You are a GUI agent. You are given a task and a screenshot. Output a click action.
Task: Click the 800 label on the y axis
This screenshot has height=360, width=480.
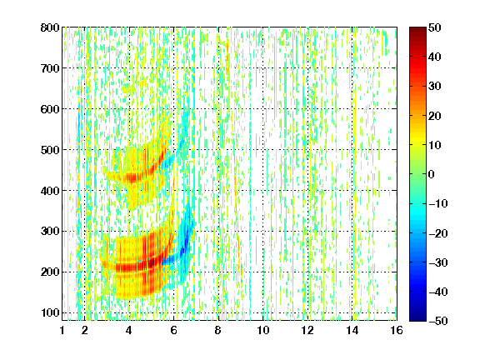(50, 27)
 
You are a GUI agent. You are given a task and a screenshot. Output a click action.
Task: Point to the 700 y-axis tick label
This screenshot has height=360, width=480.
(50, 68)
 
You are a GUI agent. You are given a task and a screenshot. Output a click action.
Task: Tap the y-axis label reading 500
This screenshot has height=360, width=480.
(50, 150)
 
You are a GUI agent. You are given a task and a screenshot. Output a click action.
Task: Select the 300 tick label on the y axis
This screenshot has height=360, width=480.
(50, 231)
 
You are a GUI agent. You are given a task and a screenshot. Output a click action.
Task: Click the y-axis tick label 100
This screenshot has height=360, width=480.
(50, 312)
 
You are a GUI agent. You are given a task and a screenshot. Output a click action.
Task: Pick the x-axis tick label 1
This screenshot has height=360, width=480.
(62, 330)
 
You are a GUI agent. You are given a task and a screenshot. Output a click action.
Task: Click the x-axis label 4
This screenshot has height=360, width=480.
(129, 330)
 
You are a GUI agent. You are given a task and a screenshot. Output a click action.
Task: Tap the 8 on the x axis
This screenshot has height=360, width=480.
(218, 330)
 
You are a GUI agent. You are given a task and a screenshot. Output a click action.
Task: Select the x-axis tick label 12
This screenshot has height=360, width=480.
(307, 330)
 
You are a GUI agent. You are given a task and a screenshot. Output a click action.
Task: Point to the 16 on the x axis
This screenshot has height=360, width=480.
(397, 330)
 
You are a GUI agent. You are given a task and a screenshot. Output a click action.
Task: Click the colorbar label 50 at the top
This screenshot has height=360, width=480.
(435, 27)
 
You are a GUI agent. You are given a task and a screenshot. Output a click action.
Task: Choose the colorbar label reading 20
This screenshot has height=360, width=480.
(435, 116)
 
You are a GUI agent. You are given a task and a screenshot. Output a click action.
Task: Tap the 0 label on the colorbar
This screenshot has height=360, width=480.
(432, 174)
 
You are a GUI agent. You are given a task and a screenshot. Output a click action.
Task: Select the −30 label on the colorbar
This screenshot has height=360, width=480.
(438, 262)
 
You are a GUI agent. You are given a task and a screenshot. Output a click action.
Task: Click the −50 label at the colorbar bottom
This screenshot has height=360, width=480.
(438, 321)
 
